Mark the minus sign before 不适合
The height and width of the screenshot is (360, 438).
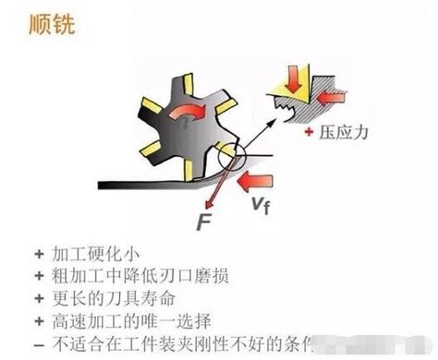[x=38, y=344]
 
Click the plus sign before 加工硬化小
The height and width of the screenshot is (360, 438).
[x=38, y=254]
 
